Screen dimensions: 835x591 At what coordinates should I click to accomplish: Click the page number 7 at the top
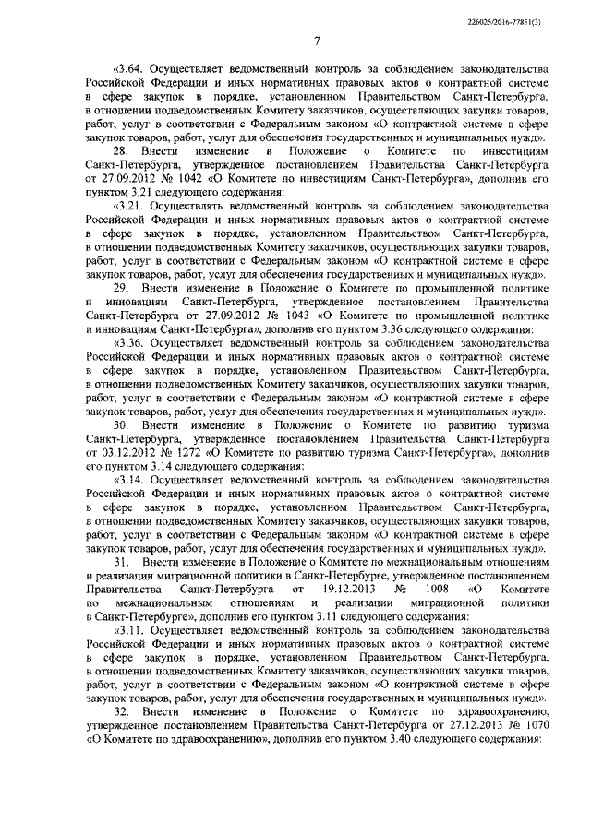315,41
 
